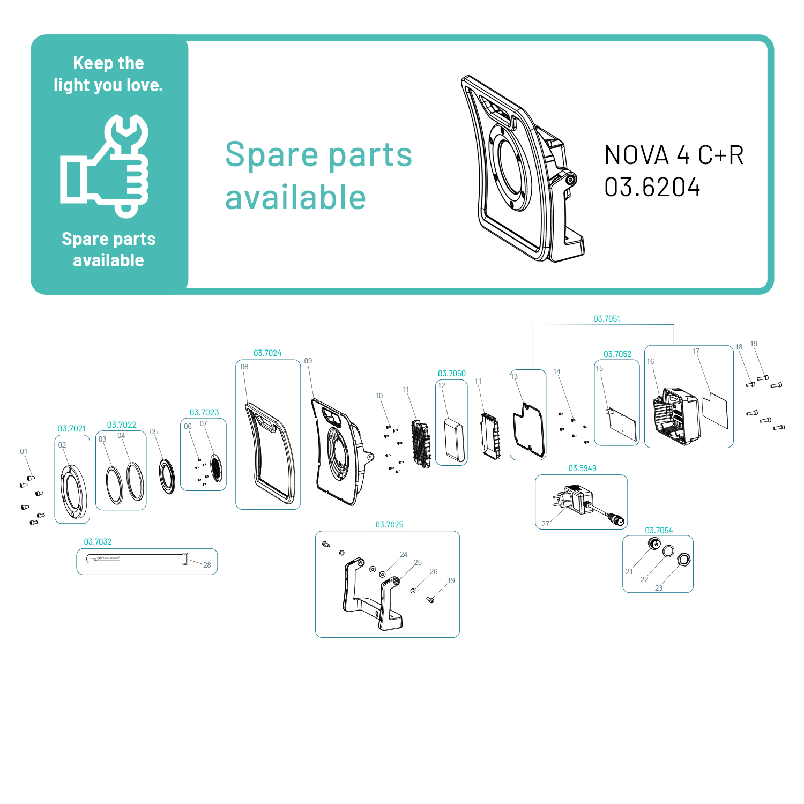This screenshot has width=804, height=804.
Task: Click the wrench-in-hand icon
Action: coord(105,166)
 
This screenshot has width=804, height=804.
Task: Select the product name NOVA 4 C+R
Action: coord(673,155)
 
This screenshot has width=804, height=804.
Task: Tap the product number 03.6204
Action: coord(652,188)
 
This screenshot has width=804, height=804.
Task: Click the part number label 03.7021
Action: coord(72,429)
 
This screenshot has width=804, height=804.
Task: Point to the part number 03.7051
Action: coord(606,319)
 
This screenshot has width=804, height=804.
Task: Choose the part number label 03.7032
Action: coord(98,542)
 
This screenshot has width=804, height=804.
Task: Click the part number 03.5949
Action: coord(582,468)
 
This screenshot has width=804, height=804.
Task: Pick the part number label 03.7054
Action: coord(659,531)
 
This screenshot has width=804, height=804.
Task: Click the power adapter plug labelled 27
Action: coord(574,500)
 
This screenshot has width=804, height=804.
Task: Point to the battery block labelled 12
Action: coord(453,439)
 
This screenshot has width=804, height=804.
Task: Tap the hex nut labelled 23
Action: coord(683,560)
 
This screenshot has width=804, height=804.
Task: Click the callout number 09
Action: coord(308,361)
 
